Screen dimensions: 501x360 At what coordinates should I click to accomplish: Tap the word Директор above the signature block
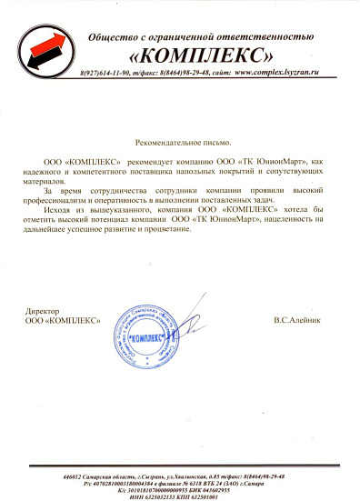click(x=45, y=312)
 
